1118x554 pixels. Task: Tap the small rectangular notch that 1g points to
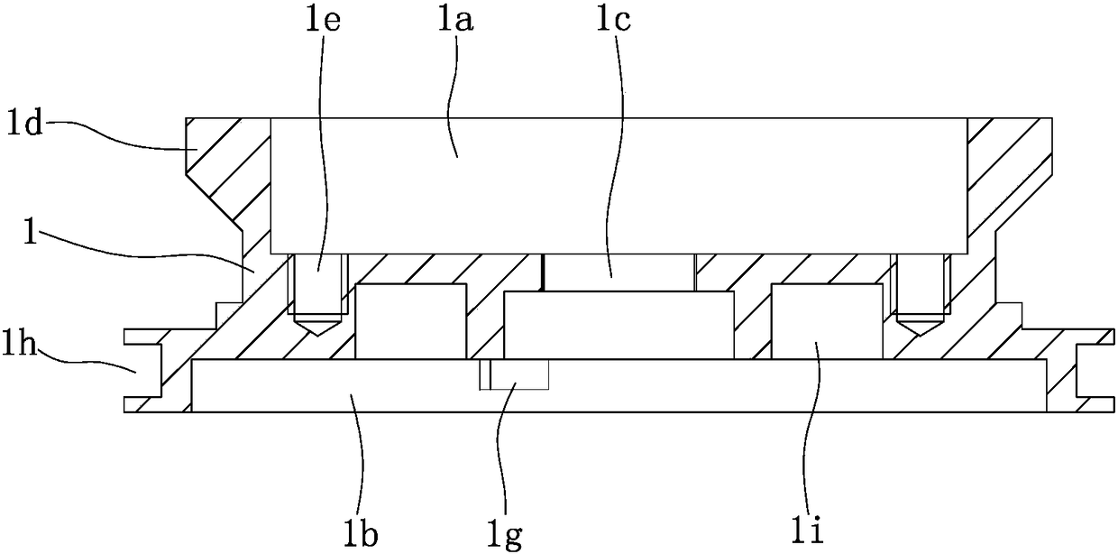tap(514, 374)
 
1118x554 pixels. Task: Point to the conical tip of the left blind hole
tap(316, 324)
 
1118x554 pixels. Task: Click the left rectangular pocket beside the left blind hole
tap(411, 321)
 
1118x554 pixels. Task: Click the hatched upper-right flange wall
tap(1010, 158)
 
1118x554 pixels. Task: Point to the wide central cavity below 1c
tap(618, 324)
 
